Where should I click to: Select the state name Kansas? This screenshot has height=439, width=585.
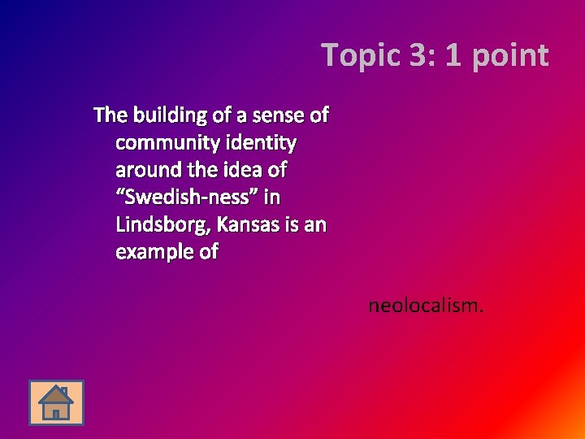coord(243,224)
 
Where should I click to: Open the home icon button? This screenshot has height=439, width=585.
coord(56,402)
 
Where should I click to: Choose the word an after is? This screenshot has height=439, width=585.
coord(315,224)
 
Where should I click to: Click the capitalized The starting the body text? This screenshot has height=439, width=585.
coord(110,115)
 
